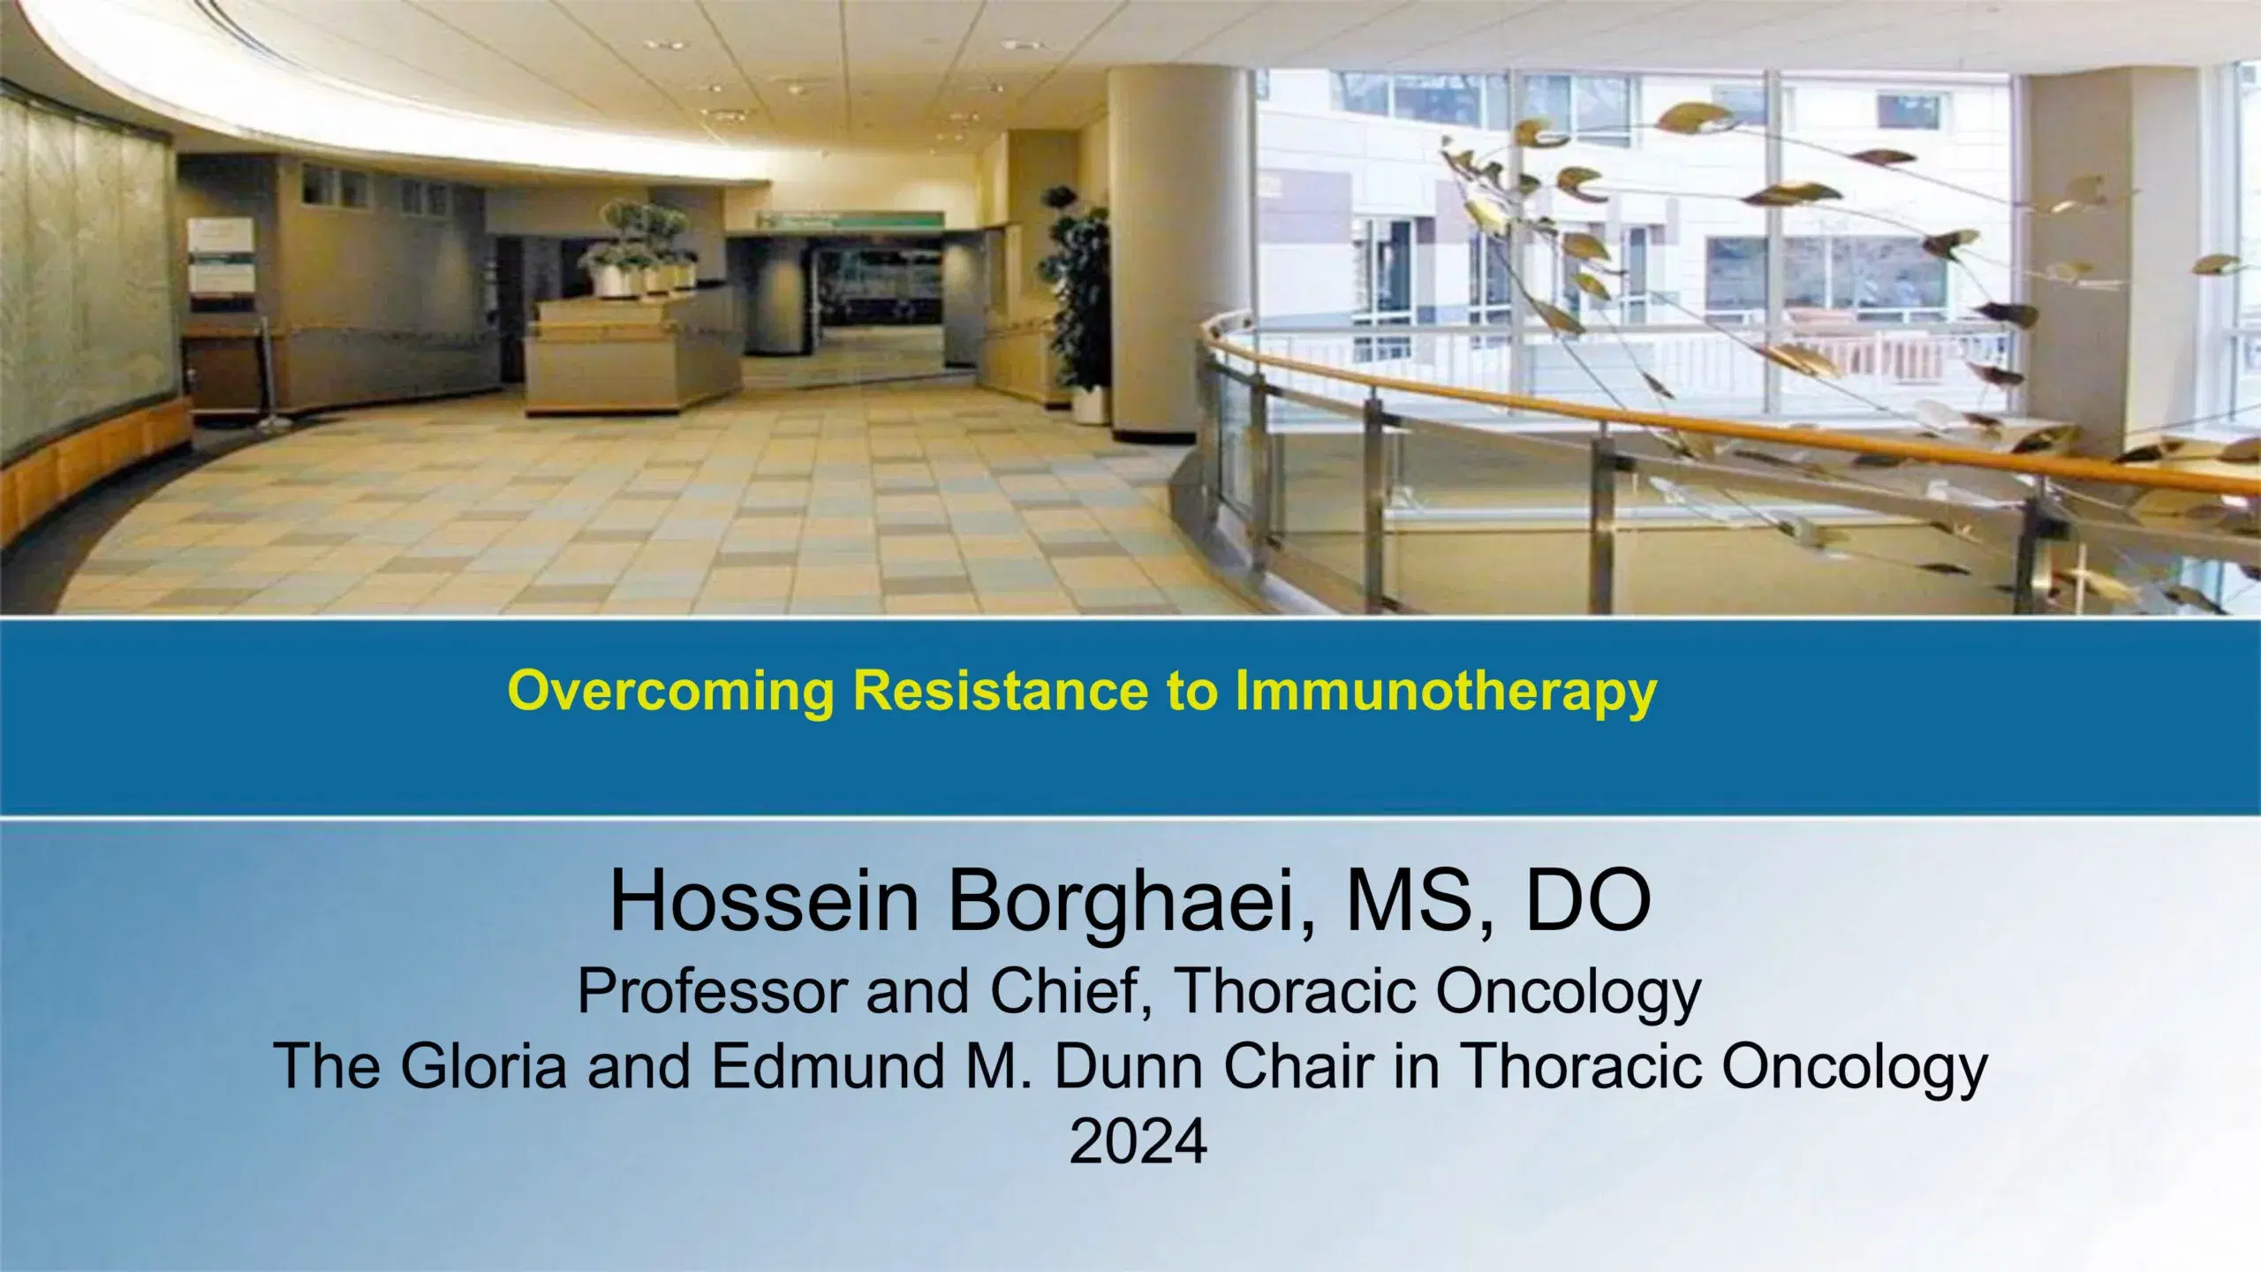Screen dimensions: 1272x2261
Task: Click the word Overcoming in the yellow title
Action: (671, 692)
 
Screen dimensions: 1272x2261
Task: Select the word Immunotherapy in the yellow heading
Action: (1445, 692)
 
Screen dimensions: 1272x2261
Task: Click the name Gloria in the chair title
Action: (482, 1066)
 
